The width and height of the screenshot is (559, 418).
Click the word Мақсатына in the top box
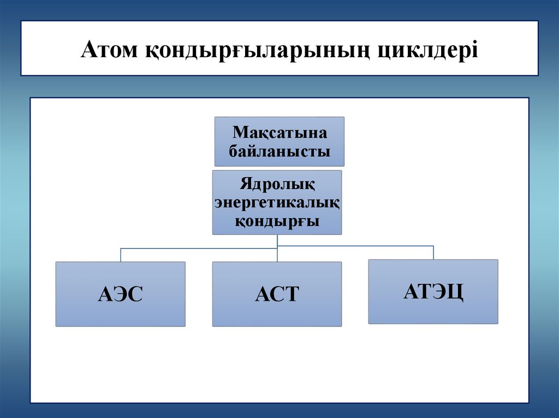point(279,133)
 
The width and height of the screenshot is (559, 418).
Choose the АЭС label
point(120,295)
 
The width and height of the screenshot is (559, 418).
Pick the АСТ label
point(277,295)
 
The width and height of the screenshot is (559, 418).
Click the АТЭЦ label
point(433,292)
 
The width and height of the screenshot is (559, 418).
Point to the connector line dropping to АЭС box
point(121,255)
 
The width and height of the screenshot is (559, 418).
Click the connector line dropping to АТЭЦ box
point(433,252)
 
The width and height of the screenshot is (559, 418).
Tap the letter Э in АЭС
point(121,295)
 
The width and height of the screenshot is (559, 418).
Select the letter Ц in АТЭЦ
point(456,292)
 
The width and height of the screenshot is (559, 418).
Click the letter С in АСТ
point(277,295)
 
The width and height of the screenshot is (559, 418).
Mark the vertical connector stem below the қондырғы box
point(277,240)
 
